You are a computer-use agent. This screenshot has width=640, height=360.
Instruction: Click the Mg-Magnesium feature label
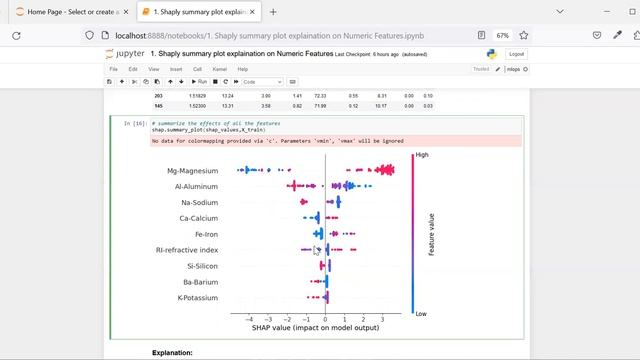(x=193, y=171)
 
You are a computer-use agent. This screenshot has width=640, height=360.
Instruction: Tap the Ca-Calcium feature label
(x=199, y=218)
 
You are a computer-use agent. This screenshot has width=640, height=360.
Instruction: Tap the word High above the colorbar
(x=422, y=155)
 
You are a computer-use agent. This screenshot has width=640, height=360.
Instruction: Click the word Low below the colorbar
(x=422, y=312)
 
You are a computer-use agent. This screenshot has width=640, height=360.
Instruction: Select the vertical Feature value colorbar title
(x=432, y=234)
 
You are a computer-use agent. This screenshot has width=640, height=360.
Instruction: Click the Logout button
(x=516, y=54)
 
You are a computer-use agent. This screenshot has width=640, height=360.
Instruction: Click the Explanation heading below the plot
(x=172, y=353)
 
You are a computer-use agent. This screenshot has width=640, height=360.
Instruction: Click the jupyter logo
(x=128, y=54)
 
